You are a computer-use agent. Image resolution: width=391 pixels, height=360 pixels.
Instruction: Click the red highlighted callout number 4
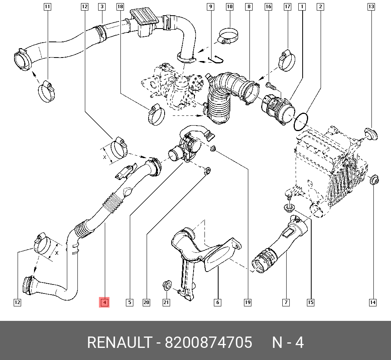tap(104, 302)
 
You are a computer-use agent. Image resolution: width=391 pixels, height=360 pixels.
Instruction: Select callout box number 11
tap(47, 7)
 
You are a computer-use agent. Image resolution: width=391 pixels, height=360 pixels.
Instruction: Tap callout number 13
tap(371, 7)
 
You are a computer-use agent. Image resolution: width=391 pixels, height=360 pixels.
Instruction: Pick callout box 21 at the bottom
tap(166, 302)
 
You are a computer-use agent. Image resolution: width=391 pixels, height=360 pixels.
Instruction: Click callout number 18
tap(120, 7)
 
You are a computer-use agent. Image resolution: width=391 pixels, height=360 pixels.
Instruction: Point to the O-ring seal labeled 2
tap(301, 121)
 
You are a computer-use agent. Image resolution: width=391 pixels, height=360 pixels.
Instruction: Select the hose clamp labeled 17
tap(287, 60)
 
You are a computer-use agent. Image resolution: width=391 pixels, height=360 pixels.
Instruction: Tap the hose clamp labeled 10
tap(228, 36)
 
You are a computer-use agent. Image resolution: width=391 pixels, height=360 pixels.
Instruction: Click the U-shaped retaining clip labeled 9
tap(216, 59)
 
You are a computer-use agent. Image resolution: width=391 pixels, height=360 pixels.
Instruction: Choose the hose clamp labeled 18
tap(156, 114)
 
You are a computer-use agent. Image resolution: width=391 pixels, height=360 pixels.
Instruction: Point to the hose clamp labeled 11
tap(47, 91)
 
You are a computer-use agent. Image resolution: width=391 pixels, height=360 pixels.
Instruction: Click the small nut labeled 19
tap(213, 149)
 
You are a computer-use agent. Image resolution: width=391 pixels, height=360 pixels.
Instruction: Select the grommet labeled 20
tap(207, 171)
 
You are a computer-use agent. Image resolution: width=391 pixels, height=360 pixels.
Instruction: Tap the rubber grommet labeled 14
tap(373, 180)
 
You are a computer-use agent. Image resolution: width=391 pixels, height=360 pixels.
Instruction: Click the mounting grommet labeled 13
tap(371, 134)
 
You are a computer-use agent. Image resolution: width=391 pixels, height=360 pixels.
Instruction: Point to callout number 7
tap(286, 302)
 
